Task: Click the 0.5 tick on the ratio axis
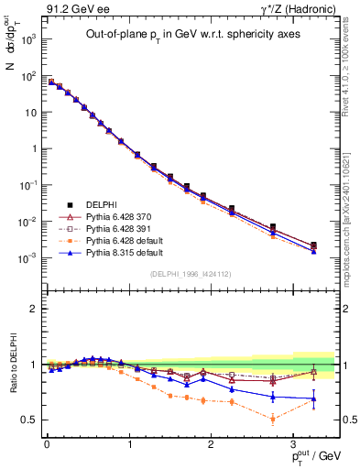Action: point(29,420)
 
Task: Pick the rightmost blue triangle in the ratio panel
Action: point(314,398)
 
